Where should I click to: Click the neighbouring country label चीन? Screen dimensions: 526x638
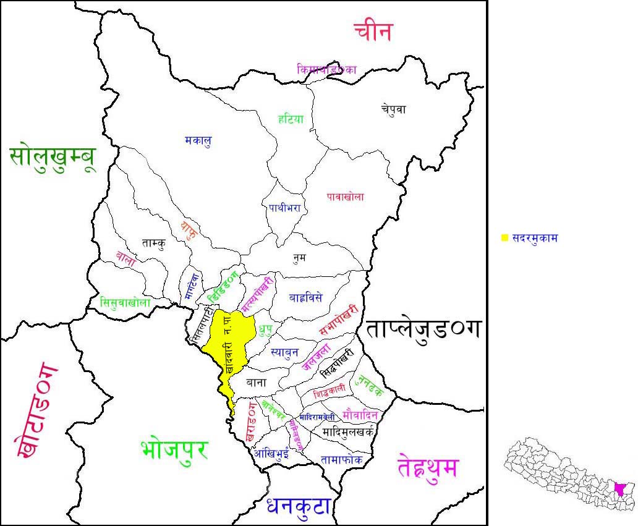pos(373,31)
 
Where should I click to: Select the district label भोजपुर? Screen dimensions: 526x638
pos(174,449)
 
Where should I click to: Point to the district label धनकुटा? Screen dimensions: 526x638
pos(299,506)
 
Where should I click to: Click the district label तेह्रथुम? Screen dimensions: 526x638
pos(428,468)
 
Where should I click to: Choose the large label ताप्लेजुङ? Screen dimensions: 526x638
pos(423,329)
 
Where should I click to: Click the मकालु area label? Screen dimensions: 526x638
pos(198,141)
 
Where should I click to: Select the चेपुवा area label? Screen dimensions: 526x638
pos(393,109)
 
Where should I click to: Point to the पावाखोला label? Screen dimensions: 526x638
pos(345,197)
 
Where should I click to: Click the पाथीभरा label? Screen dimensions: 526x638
pos(284,208)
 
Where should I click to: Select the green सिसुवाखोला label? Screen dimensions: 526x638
pos(125,302)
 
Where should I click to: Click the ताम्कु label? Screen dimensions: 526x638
pos(153,243)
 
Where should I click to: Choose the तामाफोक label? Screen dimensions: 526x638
pos(342,459)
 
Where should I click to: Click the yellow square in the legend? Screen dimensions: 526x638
pos(504,237)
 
